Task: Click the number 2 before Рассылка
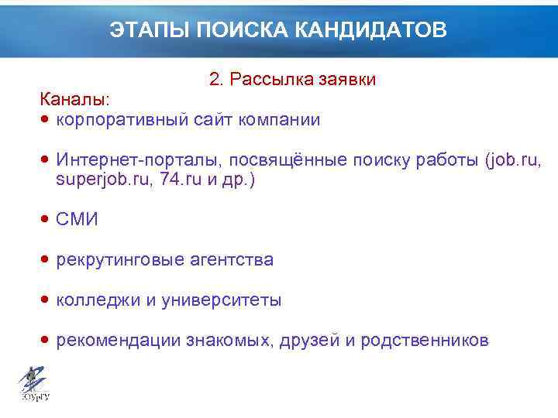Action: (214, 80)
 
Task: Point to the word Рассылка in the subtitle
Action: (269, 80)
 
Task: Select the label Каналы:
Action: (75, 100)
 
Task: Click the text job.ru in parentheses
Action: (515, 160)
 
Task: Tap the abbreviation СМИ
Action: (77, 220)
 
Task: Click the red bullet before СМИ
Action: (46, 220)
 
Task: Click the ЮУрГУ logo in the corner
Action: (33, 384)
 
